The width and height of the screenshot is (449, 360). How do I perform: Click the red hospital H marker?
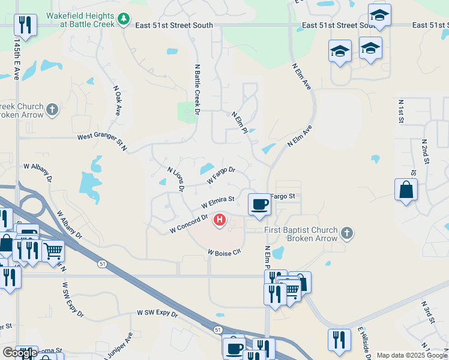[220, 221]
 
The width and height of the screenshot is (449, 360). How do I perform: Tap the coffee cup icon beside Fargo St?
[259, 204]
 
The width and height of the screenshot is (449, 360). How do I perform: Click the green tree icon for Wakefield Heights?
[124, 20]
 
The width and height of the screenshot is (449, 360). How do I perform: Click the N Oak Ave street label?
[118, 100]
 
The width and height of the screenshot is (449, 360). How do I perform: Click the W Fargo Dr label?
[221, 175]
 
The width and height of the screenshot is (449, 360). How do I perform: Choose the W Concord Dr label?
[188, 224]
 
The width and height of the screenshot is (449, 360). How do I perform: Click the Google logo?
[19, 353]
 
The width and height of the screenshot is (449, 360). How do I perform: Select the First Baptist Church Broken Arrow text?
[312, 233]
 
